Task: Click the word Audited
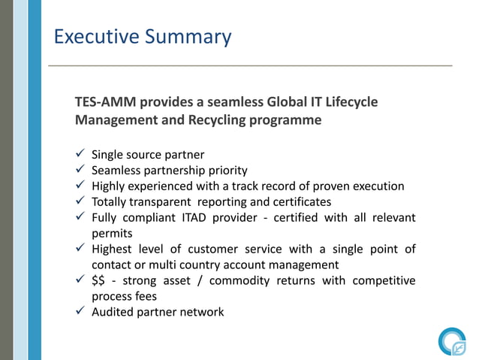click(x=113, y=311)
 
